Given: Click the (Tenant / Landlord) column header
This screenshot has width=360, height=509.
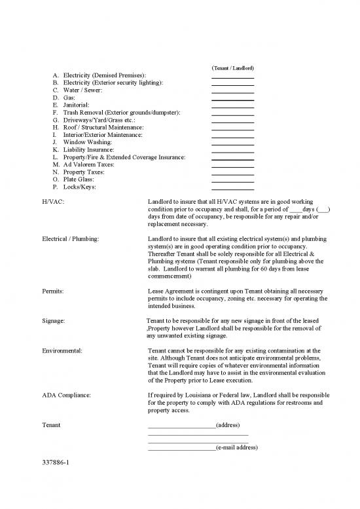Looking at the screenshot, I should click(x=233, y=69).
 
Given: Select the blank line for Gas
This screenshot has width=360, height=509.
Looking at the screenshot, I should click(x=232, y=100).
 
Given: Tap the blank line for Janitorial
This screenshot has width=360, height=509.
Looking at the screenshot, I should click(x=232, y=107).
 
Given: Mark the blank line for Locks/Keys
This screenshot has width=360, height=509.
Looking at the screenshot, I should click(x=232, y=189).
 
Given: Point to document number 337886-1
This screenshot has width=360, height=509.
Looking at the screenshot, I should click(x=55, y=462).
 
